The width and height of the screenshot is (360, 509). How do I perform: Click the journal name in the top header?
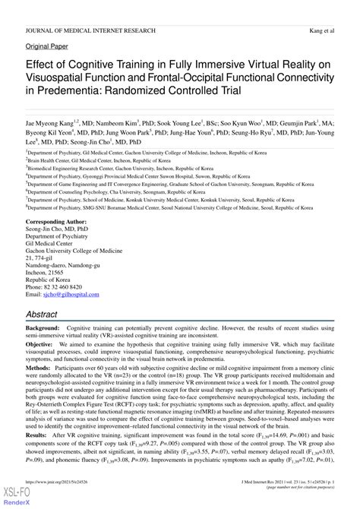[90, 10]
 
